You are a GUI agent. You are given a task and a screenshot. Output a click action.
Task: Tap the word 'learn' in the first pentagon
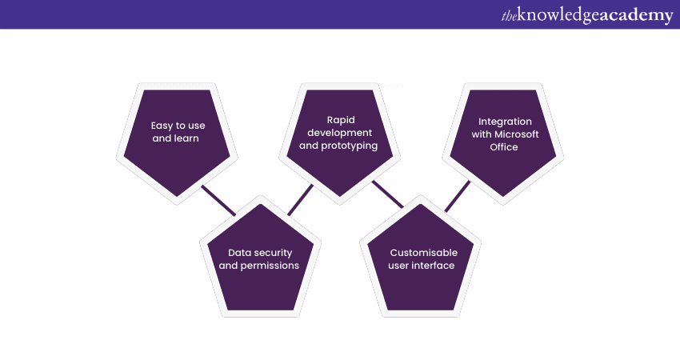(186, 138)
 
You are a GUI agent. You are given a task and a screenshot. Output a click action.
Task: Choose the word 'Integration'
(504, 121)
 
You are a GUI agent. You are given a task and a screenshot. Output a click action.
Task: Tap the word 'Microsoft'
(517, 134)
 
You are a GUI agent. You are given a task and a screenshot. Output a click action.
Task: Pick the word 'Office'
(504, 147)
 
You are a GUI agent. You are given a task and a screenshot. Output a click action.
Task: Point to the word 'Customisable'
(422, 252)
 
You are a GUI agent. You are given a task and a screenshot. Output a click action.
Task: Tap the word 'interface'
(433, 265)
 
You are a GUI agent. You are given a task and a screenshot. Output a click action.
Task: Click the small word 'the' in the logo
(507, 14)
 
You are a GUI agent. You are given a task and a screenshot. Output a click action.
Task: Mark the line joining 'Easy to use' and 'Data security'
(218, 200)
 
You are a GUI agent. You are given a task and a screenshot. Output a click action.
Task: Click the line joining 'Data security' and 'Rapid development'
(300, 200)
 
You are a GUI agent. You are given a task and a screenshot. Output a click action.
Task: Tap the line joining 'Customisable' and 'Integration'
(458, 196)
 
